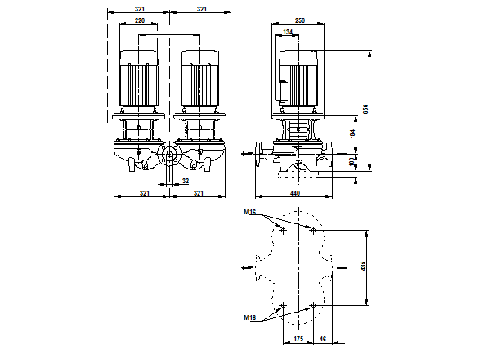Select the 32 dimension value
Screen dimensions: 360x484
pos(185,181)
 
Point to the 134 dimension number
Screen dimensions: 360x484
pos(287,32)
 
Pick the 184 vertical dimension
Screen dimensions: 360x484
pos(353,132)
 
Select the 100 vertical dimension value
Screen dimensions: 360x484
pos(353,162)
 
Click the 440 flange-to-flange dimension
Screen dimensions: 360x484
pos(295,194)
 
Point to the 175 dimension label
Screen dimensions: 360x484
pos(298,337)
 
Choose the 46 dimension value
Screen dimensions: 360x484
pos(324,337)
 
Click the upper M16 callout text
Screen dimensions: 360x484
pos(249,213)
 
